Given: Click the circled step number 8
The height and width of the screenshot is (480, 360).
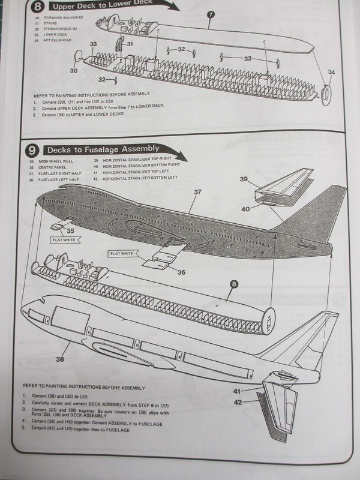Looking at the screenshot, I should pos(39,8).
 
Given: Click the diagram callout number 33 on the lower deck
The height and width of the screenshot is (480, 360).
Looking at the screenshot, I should pos(94,44).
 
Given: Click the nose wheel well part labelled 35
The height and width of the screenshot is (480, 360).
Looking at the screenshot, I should pos(62,224).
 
